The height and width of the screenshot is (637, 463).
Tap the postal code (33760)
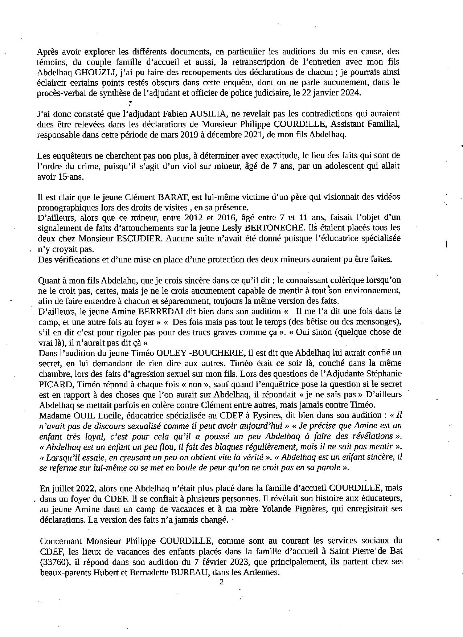[x=56, y=561]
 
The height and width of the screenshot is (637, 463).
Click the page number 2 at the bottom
[x=222, y=582]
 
